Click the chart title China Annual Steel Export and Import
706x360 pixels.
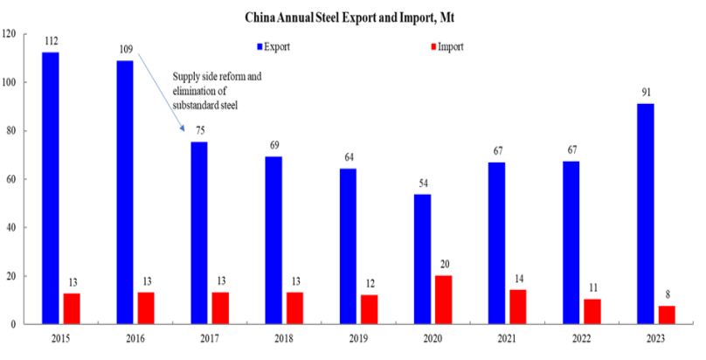351,15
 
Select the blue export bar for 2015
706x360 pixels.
50,188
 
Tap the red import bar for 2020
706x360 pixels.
444,300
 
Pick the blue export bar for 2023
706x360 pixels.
645,214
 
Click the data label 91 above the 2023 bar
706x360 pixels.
645,92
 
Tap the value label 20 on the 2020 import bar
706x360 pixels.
444,265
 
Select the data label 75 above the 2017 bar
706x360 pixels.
199,130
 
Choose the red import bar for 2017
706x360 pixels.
221,308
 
